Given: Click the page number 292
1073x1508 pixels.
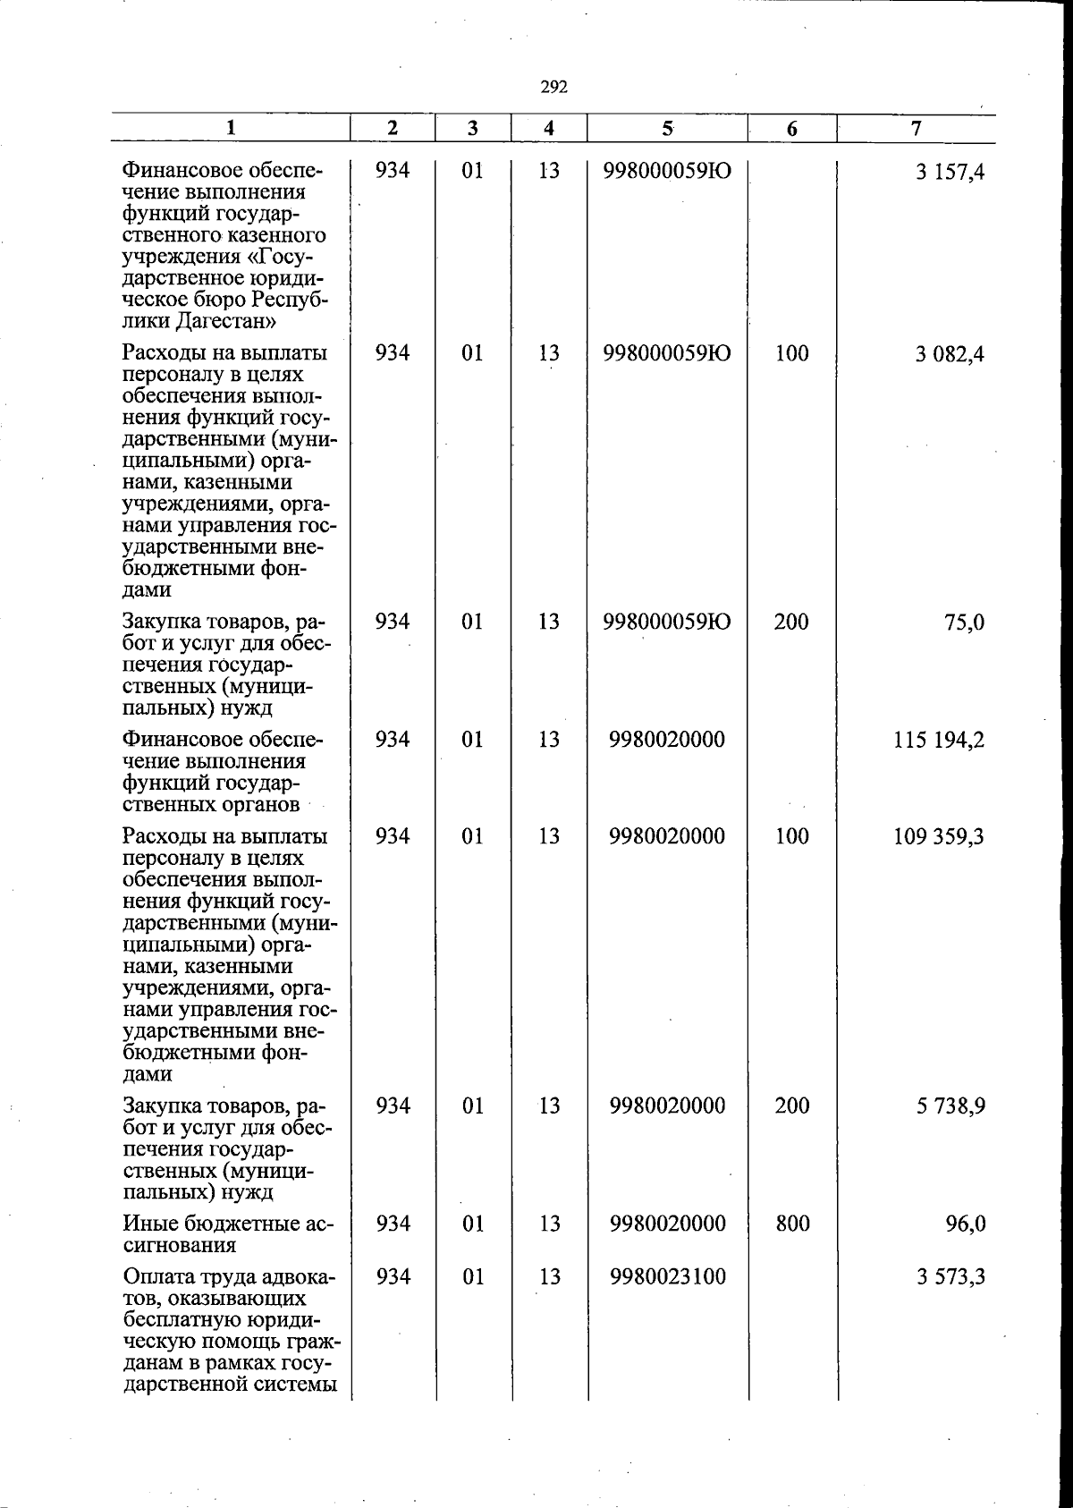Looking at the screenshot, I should coord(553,87).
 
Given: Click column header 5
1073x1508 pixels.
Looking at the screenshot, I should coord(667,128).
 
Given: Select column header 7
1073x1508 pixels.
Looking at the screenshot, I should coord(916,128).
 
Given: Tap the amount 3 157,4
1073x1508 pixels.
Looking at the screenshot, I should coord(950,172).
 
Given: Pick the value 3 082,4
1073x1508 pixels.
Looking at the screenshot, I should coord(950,354).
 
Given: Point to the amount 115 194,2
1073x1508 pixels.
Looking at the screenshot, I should coord(939,741).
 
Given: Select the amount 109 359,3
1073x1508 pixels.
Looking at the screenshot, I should coord(939,837).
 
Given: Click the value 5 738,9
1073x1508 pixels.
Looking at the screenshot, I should coord(950,1106).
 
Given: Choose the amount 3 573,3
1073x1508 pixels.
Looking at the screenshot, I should coord(950,1277).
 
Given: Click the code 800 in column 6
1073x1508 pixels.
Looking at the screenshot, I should coord(792,1224).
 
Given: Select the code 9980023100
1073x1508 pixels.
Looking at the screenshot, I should coord(667,1276).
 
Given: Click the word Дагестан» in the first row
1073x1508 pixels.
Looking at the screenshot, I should coord(224,321).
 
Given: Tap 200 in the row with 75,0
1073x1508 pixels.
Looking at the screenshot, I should coord(791,622).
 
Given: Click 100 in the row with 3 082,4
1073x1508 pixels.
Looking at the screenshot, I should coord(791,353).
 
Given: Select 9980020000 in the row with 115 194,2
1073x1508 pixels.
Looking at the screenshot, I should coord(667,740).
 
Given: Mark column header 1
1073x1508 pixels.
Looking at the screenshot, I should coord(231,128).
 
